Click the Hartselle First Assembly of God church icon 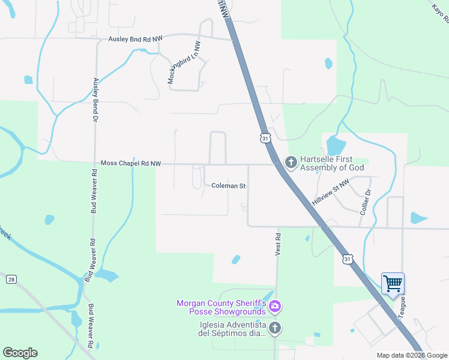tap(291, 162)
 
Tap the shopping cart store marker tap(393, 283)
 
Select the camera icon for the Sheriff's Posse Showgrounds tap(275, 307)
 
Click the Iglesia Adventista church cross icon tap(275, 328)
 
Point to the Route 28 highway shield tap(11, 280)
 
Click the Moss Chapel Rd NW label tap(131, 163)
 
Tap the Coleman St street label tap(229, 186)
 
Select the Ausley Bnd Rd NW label tap(136, 39)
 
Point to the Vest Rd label tap(279, 245)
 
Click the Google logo tap(20, 353)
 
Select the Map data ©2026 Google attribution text tap(411, 355)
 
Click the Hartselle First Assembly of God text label tap(332, 162)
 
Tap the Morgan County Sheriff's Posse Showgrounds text tap(221, 307)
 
